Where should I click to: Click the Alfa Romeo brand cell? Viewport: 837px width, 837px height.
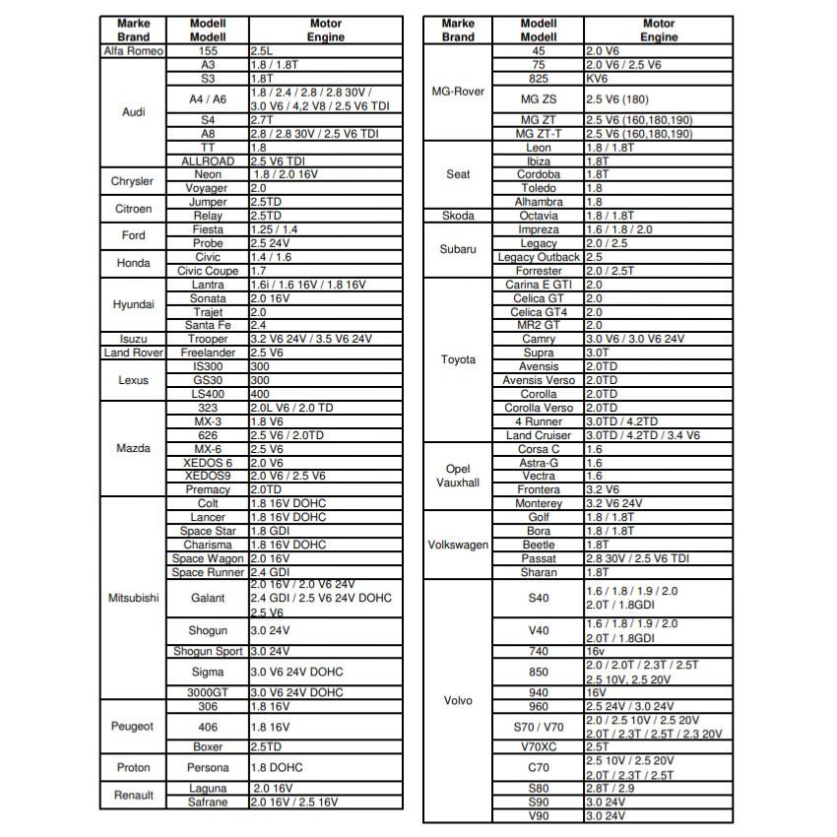pyautogui.click(x=133, y=50)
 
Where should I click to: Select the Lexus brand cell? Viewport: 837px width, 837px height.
pyautogui.click(x=133, y=380)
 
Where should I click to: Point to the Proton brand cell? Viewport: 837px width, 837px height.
pyautogui.click(x=133, y=767)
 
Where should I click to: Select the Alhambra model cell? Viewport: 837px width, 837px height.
pyautogui.click(x=538, y=202)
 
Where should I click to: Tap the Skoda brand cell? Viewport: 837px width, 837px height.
pyautogui.click(x=458, y=216)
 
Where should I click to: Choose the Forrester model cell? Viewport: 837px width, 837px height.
pyautogui.click(x=538, y=271)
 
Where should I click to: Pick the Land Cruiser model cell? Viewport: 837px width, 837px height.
pyautogui.click(x=538, y=435)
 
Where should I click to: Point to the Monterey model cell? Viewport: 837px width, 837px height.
pyautogui.click(x=538, y=503)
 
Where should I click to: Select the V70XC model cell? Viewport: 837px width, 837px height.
pyautogui.click(x=538, y=746)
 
